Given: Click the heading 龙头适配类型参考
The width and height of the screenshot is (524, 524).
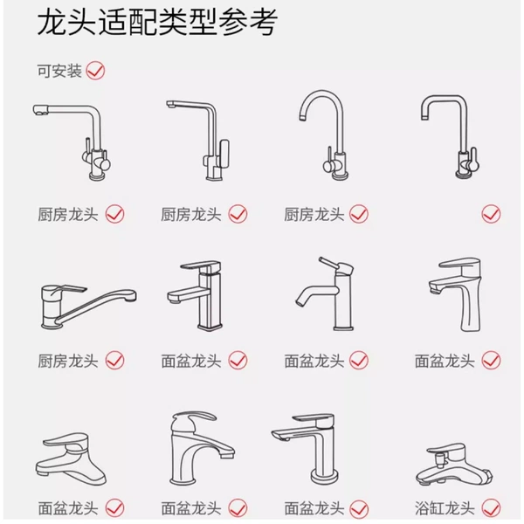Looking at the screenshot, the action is click(157, 23).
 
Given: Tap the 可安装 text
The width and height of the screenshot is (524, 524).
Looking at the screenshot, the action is click(59, 71).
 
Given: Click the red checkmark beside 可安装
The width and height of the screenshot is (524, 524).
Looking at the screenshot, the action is click(95, 71).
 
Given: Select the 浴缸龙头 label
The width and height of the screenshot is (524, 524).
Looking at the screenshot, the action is click(445, 508).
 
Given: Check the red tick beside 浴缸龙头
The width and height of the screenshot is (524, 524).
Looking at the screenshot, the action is click(491, 508).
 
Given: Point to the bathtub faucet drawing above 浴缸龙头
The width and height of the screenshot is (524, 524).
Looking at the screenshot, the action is click(454, 465).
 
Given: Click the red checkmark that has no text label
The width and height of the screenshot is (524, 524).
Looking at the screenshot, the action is click(491, 214).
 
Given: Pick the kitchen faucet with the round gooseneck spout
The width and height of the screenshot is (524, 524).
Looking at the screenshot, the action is click(324, 134).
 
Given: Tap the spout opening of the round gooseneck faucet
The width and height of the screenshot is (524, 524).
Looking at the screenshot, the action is click(303, 118).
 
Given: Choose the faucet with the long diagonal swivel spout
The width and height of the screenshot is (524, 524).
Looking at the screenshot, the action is click(89, 307).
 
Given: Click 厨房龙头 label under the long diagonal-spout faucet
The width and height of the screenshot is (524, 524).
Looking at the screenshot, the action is click(67, 361).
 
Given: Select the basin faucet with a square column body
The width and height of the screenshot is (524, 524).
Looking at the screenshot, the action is click(195, 295).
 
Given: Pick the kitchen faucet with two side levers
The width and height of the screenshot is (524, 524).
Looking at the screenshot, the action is click(72, 142).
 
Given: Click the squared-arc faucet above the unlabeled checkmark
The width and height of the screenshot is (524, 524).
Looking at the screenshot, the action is click(451, 136).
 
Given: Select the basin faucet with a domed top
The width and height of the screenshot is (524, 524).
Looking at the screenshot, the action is click(203, 449).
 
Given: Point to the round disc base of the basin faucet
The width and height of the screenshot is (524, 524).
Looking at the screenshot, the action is click(325, 475).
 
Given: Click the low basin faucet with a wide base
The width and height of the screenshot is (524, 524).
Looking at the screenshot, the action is click(72, 458).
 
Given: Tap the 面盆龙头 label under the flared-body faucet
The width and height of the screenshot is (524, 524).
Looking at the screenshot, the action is click(445, 361).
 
